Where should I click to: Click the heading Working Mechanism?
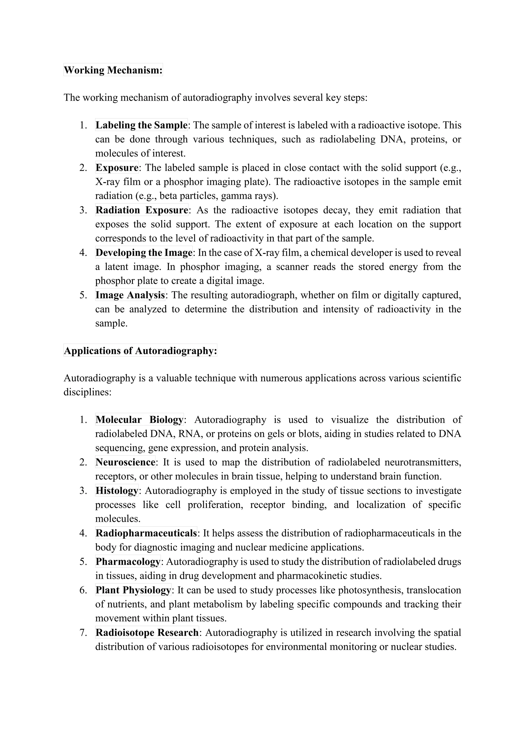click(x=113, y=70)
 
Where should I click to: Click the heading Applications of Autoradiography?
click(x=140, y=351)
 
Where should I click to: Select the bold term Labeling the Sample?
click(x=141, y=125)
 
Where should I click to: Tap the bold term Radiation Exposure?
click(x=142, y=210)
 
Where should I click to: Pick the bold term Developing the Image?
click(x=144, y=252)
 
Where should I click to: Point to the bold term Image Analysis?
click(x=130, y=295)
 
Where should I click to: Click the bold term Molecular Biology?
click(x=139, y=419)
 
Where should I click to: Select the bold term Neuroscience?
click(x=125, y=462)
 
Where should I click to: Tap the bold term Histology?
click(x=117, y=491)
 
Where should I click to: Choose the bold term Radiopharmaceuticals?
click(x=146, y=533)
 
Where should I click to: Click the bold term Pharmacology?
click(x=128, y=561)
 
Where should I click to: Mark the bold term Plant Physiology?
click(x=133, y=590)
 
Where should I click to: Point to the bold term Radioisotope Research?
click(x=147, y=632)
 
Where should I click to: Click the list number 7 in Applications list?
click(x=83, y=632)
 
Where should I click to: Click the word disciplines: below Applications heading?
click(x=87, y=392)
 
